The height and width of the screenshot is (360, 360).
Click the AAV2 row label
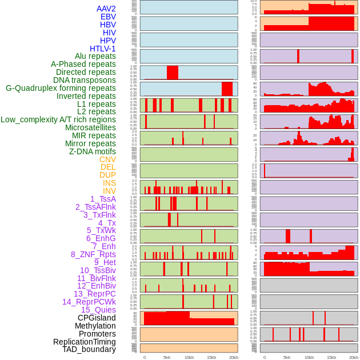106,9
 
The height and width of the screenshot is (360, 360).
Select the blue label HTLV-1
103,49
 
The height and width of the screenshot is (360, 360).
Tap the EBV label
108,17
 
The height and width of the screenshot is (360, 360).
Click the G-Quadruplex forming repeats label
61,88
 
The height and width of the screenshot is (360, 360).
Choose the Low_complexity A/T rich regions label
58,119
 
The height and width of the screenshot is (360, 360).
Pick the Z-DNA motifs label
93,151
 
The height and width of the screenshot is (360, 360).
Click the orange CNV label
107,159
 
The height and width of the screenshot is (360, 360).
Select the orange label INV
109,191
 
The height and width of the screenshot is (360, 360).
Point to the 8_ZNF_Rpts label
93,254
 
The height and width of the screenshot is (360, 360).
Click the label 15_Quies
98,310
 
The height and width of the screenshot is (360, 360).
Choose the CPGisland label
97,318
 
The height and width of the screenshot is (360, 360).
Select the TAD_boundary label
89,349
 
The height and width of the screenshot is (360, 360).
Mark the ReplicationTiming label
85,342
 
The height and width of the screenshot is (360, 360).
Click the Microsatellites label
90,127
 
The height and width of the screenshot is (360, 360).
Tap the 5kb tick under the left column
167,357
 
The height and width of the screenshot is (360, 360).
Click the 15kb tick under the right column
331,357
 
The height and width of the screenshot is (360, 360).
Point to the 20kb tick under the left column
233,357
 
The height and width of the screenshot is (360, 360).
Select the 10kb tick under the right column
309,357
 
